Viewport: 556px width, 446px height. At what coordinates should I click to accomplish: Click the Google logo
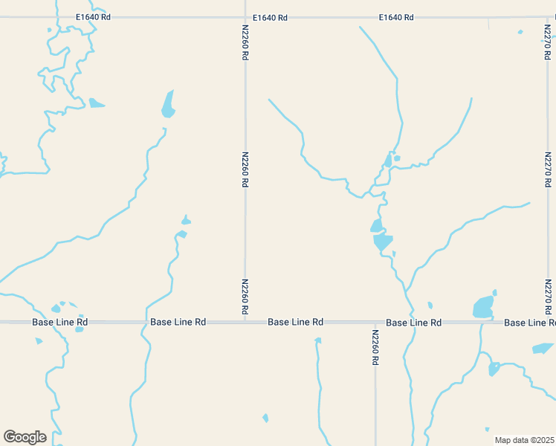pyautogui.click(x=25, y=437)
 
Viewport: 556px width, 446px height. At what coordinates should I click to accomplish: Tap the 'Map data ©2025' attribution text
pyautogui.click(x=525, y=440)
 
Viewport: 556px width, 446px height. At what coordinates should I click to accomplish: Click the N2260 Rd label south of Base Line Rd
pyautogui.click(x=376, y=347)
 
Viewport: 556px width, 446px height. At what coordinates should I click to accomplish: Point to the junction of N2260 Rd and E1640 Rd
pyautogui.click(x=245, y=17)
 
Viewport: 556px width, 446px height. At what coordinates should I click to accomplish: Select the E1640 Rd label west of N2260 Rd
pyautogui.click(x=93, y=16)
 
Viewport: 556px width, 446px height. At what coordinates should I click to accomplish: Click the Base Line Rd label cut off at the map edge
pyautogui.click(x=529, y=323)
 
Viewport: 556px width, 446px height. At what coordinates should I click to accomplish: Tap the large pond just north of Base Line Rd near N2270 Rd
pyautogui.click(x=483, y=306)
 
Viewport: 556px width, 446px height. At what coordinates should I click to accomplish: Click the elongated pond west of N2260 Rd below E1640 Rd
pyautogui.click(x=169, y=104)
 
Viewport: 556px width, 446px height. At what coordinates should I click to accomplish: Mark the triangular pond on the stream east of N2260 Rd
pyautogui.click(x=383, y=241)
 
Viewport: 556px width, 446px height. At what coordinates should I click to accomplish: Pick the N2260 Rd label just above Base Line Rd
pyautogui.click(x=245, y=296)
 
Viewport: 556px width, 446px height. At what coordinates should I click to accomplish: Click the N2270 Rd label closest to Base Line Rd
pyautogui.click(x=548, y=296)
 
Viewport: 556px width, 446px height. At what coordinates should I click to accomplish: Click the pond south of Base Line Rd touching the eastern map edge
pyautogui.click(x=543, y=348)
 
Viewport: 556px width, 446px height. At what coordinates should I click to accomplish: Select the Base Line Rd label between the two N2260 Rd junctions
pyautogui.click(x=296, y=323)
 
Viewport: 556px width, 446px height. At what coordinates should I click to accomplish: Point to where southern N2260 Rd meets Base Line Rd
pyautogui.click(x=376, y=323)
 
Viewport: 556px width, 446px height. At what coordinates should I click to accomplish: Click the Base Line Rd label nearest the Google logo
pyautogui.click(x=60, y=323)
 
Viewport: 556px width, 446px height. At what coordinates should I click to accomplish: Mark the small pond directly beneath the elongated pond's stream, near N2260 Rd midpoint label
pyautogui.click(x=186, y=221)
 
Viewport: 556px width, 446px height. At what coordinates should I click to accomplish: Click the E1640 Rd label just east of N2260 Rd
pyautogui.click(x=270, y=17)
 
